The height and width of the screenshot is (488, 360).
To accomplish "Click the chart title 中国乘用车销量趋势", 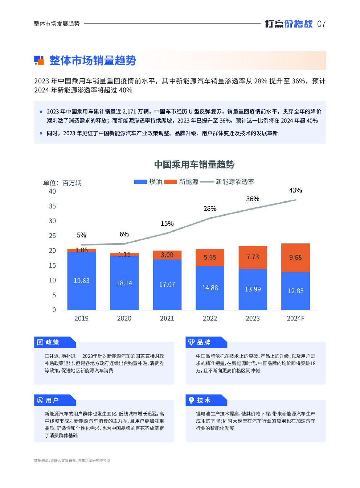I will pyautogui.click(x=194, y=165).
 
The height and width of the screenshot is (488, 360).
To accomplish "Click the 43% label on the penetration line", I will pyautogui.click(x=295, y=190).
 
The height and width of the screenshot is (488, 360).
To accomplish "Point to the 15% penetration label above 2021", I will pyautogui.click(x=167, y=223).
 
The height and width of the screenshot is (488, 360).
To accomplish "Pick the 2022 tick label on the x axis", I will pyautogui.click(x=210, y=318).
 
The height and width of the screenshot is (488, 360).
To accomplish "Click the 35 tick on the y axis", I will pyautogui.click(x=52, y=206).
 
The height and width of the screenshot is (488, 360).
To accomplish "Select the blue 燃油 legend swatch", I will pyautogui.click(x=140, y=182).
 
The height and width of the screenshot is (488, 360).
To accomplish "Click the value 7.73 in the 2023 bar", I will pyautogui.click(x=253, y=257).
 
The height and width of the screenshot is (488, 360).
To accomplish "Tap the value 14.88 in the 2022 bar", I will pyautogui.click(x=210, y=288).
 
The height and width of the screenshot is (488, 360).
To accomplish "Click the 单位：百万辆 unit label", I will pyautogui.click(x=62, y=183).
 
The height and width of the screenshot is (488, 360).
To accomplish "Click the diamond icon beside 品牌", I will pyautogui.click(x=191, y=342).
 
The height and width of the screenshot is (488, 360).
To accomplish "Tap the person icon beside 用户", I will pyautogui.click(x=40, y=400).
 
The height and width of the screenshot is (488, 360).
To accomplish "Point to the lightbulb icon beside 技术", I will pyautogui.click(x=191, y=400).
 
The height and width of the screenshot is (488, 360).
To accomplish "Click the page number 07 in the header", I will pyautogui.click(x=321, y=24).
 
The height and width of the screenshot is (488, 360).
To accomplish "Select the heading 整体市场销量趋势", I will pyautogui.click(x=93, y=61).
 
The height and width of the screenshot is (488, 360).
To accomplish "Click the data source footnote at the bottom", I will pyautogui.click(x=72, y=460).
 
